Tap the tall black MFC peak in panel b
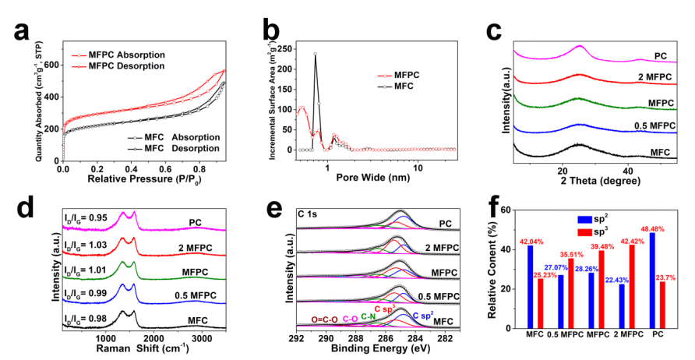coord(316,55)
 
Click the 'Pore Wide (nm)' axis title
coord(372,177)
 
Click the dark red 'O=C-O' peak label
coord(326,319)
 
